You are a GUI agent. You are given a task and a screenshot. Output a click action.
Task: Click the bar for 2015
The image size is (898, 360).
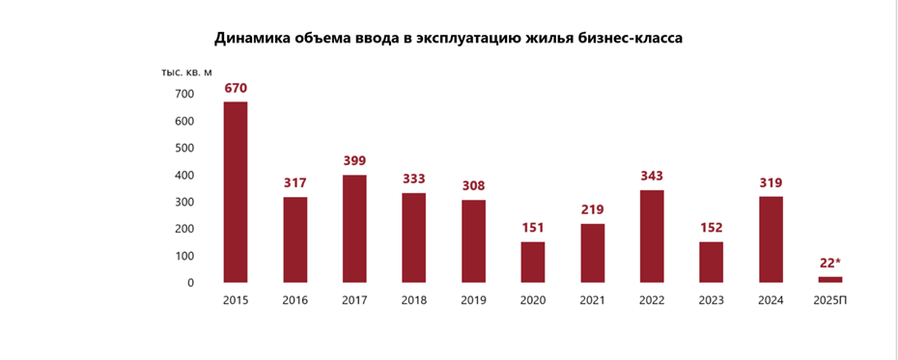pyautogui.click(x=236, y=192)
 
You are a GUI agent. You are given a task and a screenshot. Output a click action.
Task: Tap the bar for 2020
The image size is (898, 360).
pyautogui.click(x=533, y=263)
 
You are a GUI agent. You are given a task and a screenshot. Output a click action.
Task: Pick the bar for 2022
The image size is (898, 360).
pyautogui.click(x=652, y=236)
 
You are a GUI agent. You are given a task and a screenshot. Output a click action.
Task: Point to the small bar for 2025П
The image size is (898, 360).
pyautogui.click(x=830, y=280)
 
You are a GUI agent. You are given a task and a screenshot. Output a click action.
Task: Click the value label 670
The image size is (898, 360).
pyautogui.click(x=236, y=88)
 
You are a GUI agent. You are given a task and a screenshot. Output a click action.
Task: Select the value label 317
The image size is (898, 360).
pyautogui.click(x=295, y=183)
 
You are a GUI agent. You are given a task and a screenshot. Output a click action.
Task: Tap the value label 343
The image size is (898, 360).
pyautogui.click(x=652, y=177)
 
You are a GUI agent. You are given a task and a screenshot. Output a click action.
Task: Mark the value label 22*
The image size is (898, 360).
pyautogui.click(x=831, y=263)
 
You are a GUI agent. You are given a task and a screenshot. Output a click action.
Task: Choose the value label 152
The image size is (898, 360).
pyautogui.click(x=712, y=228)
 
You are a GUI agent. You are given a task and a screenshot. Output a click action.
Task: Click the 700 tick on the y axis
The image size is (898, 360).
pyautogui.click(x=184, y=95)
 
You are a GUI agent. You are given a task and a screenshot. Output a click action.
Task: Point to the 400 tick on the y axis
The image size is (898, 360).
pyautogui.click(x=184, y=176)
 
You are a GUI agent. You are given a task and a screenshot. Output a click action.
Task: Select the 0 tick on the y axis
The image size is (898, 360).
pyautogui.click(x=190, y=283)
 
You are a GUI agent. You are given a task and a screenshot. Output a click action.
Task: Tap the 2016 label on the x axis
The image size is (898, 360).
pyautogui.click(x=295, y=300)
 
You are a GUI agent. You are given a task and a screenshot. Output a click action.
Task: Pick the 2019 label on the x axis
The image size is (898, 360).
pyautogui.click(x=473, y=300)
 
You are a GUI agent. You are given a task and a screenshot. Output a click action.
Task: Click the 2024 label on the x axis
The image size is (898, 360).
pyautogui.click(x=771, y=300)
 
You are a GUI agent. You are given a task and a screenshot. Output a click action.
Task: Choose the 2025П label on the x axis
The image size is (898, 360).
pyautogui.click(x=831, y=300)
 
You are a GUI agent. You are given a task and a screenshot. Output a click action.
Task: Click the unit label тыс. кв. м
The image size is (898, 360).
pyautogui.click(x=186, y=72)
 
